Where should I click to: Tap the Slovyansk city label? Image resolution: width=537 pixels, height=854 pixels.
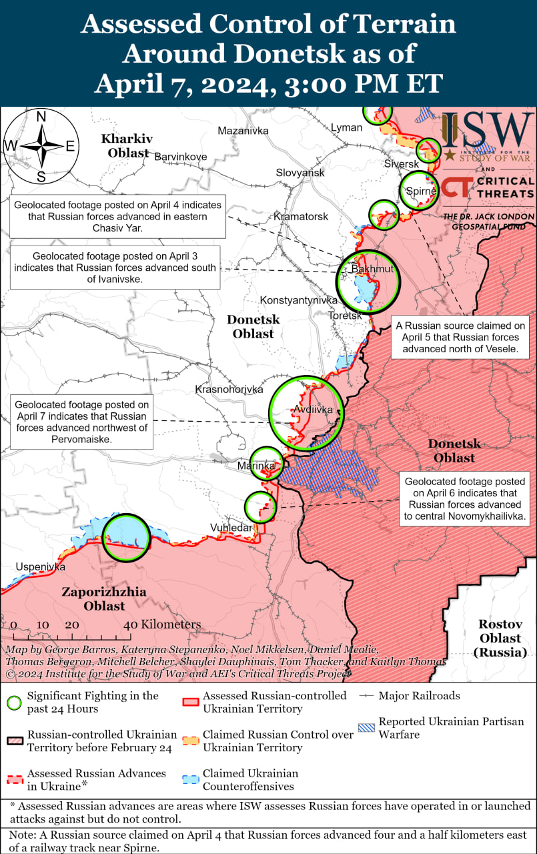click(x=300, y=173)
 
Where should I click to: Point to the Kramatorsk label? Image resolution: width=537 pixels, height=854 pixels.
click(x=301, y=217)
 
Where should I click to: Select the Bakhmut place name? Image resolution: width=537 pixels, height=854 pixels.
click(x=372, y=269)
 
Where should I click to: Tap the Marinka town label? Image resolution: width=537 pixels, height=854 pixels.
click(x=257, y=465)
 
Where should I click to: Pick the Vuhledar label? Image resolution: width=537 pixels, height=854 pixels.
click(x=231, y=528)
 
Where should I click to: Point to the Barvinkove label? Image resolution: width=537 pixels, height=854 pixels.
click(x=181, y=157)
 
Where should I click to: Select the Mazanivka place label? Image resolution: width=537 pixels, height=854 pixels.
click(x=243, y=131)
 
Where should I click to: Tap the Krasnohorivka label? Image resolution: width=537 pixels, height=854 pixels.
click(x=229, y=389)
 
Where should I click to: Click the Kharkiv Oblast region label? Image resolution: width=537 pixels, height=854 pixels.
click(x=125, y=145)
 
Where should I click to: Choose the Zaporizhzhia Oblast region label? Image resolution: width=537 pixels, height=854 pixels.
click(x=104, y=598)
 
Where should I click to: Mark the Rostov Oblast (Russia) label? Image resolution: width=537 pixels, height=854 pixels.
click(x=500, y=638)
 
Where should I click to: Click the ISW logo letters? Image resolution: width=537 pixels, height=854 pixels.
click(x=487, y=131)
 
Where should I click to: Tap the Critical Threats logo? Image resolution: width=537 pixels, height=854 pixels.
click(x=489, y=187)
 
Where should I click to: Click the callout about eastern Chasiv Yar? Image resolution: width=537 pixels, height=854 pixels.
click(x=119, y=216)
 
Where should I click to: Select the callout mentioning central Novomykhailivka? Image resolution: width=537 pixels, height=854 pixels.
click(x=465, y=498)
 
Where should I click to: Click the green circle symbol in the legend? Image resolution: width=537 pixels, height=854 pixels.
click(x=13, y=702)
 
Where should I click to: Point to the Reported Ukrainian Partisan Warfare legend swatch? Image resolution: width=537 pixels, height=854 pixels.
click(x=366, y=728)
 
